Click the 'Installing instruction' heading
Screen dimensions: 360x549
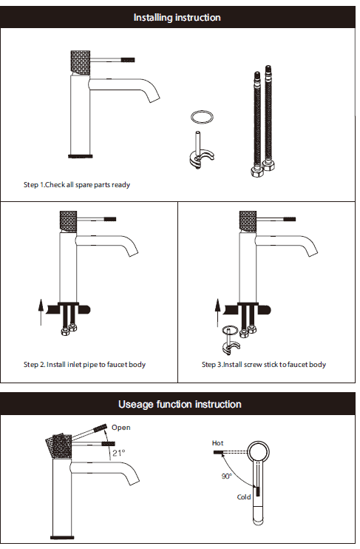coord(177,18)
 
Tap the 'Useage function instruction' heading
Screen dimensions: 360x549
coord(180,405)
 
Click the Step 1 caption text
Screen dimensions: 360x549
coord(77,184)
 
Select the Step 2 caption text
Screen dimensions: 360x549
coord(84,365)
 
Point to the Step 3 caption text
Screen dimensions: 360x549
coord(264,365)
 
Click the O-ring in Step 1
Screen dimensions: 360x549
coord(202,117)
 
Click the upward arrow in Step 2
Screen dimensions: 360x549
coord(41,312)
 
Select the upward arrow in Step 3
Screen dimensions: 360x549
coord(217,312)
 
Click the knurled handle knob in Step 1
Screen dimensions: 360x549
coord(81,62)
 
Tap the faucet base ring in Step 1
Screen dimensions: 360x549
coord(80,156)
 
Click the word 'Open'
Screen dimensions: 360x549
coord(121,428)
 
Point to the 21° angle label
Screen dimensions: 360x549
coord(118,453)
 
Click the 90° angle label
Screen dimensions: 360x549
coord(226,476)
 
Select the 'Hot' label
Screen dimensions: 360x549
coord(217,443)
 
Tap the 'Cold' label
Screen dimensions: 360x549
coord(244,496)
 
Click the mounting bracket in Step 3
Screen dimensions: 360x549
coord(231,347)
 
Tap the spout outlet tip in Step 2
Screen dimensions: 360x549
coord(133,254)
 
